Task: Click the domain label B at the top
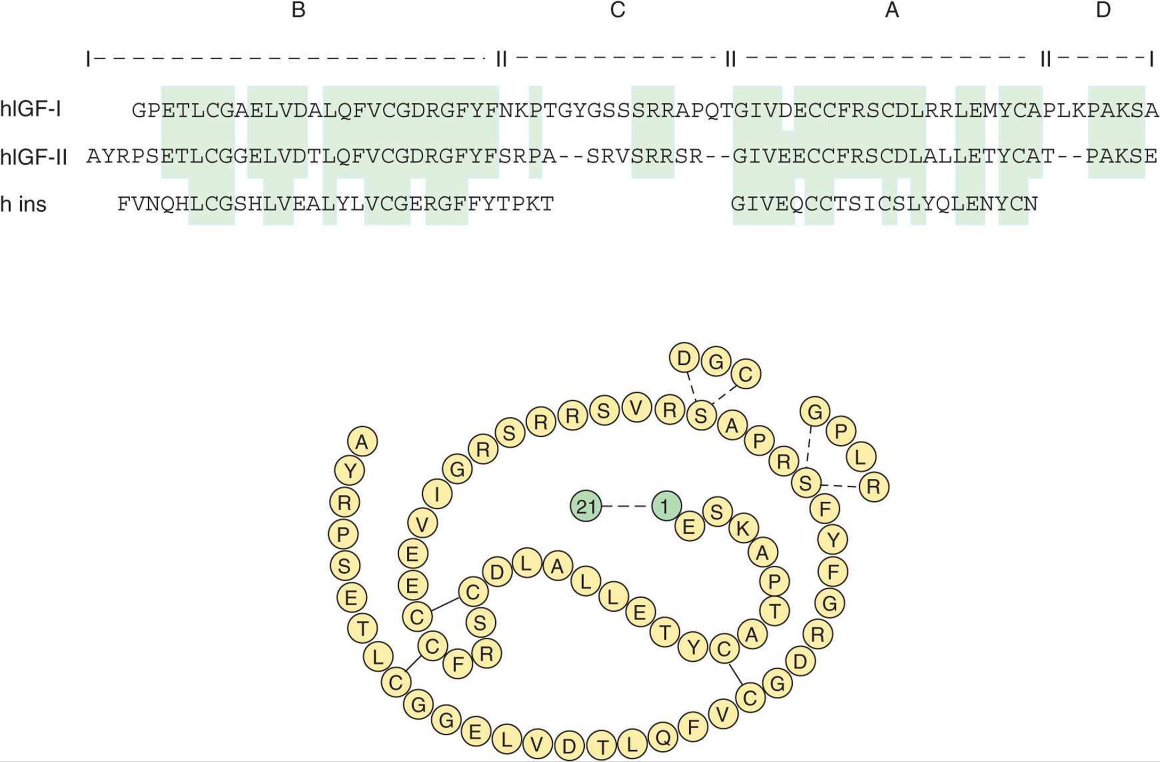click(x=298, y=10)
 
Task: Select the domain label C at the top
click(x=617, y=10)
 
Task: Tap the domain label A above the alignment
click(x=892, y=10)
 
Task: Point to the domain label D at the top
click(x=1103, y=10)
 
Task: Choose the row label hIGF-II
click(x=34, y=157)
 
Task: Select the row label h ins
click(x=23, y=204)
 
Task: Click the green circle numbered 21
click(x=586, y=506)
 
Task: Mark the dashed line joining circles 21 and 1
click(x=626, y=506)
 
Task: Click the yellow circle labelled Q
click(x=663, y=737)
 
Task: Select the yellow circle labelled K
click(x=743, y=528)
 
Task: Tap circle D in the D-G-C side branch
click(x=684, y=359)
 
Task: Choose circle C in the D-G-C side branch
click(x=745, y=374)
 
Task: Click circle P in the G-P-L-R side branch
click(x=841, y=431)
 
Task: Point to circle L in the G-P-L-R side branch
click(x=860, y=457)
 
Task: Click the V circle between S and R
click(x=637, y=408)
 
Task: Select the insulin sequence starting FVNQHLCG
click(x=336, y=204)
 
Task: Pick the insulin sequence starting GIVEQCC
click(x=884, y=204)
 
